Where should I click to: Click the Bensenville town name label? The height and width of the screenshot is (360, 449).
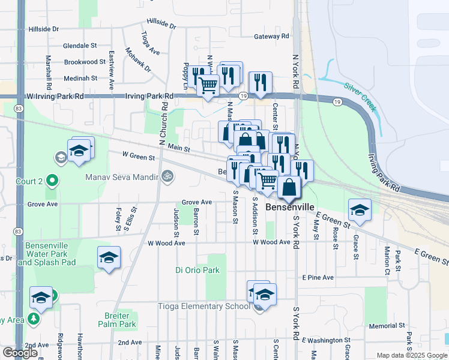(x=289, y=207)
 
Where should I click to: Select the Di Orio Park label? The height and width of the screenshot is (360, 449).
(x=197, y=271)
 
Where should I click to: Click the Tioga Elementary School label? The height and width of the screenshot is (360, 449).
(x=203, y=306)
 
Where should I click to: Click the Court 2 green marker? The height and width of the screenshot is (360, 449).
(x=52, y=179)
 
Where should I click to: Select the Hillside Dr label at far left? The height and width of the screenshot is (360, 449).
(x=44, y=29)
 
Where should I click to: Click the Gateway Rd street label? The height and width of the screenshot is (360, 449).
(x=271, y=37)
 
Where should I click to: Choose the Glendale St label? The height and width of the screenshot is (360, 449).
(x=80, y=46)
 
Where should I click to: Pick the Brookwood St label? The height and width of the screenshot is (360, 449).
(x=85, y=62)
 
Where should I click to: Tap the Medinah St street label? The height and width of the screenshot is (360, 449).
(x=80, y=78)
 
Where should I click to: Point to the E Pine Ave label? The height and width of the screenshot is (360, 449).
(x=318, y=278)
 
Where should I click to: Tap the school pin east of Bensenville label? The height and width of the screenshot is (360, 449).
(x=360, y=210)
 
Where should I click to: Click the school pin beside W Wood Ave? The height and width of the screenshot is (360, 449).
(x=109, y=258)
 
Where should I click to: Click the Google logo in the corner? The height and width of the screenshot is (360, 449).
(x=20, y=353)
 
